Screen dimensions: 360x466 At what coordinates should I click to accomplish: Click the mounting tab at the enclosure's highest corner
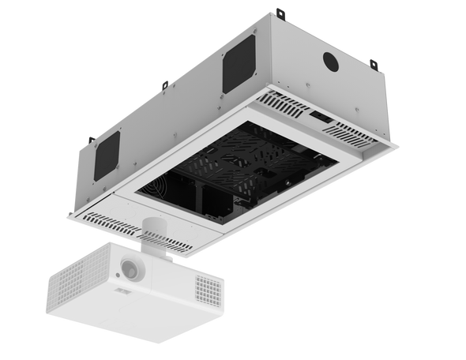click(x=283, y=12)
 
